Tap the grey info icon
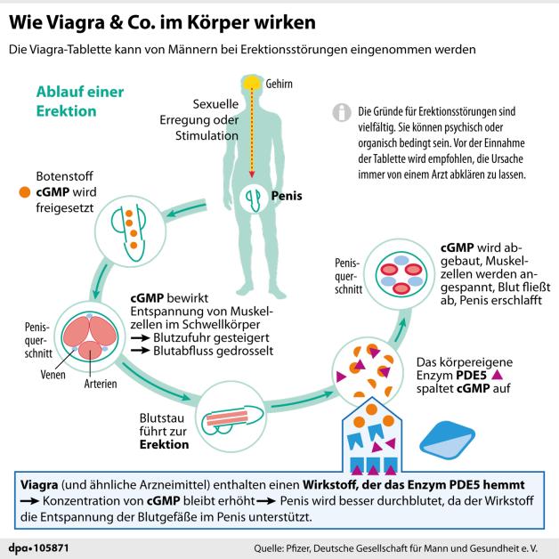340,113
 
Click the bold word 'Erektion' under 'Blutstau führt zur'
164,444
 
